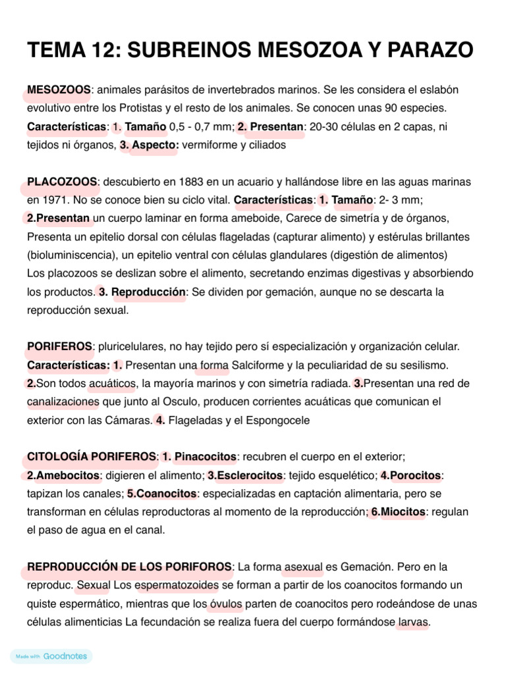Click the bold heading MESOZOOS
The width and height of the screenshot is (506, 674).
pos(59,90)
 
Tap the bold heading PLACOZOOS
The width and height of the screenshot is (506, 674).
pos(62,181)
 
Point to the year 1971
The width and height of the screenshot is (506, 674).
pos(54,199)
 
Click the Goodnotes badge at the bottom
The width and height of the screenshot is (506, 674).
pos(51,656)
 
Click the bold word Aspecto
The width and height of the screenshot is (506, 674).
pos(155,145)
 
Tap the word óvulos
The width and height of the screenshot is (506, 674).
pos(226,603)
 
